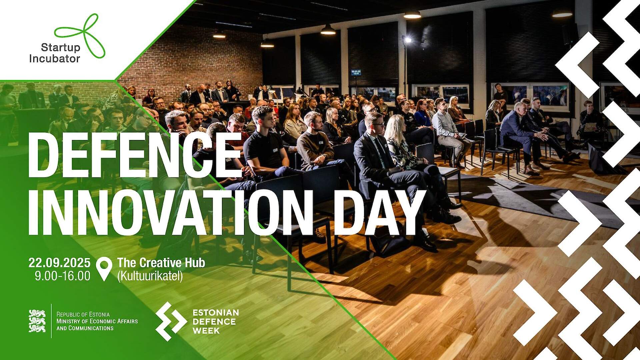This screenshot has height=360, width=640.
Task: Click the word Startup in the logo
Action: coord(60,47)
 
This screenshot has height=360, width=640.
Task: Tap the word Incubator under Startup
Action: coord(54,59)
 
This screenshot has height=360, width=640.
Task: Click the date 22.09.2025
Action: coord(59,263)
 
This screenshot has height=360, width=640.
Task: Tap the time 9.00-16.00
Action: coord(63,276)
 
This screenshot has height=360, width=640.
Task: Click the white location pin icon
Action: coord(104,268)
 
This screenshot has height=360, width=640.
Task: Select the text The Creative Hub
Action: coord(161,263)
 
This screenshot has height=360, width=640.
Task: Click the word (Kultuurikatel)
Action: coord(150,276)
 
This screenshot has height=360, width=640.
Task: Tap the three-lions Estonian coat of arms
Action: coord(37,321)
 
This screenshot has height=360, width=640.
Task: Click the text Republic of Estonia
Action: coord(83,314)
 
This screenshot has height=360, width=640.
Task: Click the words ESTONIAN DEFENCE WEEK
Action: coord(215,321)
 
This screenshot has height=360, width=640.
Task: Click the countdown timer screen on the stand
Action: coord(356,72)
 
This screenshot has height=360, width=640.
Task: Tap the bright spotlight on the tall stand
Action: coord(407,40)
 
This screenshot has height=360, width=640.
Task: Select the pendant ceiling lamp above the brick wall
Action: coord(219,34)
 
